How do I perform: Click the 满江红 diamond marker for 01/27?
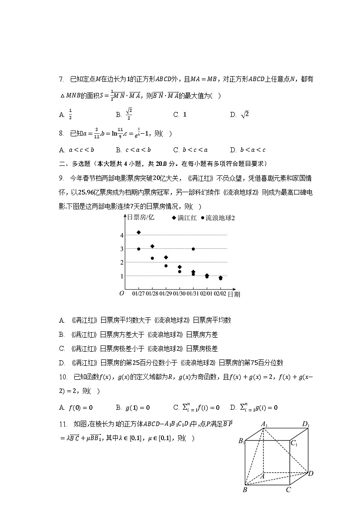[138, 233]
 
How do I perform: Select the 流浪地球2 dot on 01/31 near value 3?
[193, 249]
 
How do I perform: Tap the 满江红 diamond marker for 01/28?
[152, 246]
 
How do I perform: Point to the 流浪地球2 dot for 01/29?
[166, 266]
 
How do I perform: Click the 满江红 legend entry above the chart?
[184, 218]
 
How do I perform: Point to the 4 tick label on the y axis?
[122, 235]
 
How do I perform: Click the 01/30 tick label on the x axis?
[180, 294]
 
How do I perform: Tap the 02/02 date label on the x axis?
[220, 294]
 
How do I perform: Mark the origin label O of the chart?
[122, 293]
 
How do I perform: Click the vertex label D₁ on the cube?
[306, 425]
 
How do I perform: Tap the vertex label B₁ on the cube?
[242, 441]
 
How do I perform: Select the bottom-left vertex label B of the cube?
[245, 490]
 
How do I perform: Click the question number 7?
[61, 79]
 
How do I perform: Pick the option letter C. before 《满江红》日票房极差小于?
[62, 349]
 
